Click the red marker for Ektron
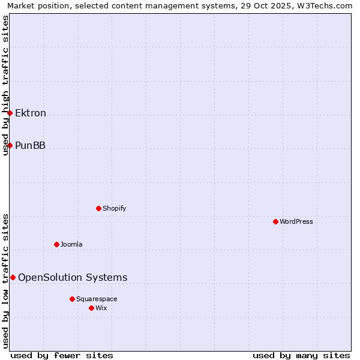(x=10, y=113)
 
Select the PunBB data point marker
(x=10, y=145)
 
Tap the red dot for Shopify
(x=98, y=208)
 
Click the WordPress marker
(x=275, y=221)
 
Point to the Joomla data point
(x=56, y=244)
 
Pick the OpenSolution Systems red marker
(x=13, y=277)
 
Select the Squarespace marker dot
(x=72, y=299)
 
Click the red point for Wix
(x=91, y=308)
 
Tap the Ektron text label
(x=31, y=113)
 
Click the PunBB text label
(x=30, y=145)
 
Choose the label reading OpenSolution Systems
(x=73, y=277)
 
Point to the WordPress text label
(x=296, y=221)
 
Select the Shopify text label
(x=114, y=208)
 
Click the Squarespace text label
(x=97, y=299)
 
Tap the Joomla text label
(x=71, y=244)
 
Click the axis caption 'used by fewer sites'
(x=62, y=355)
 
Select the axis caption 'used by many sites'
(x=301, y=355)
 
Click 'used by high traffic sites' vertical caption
(x=5, y=85)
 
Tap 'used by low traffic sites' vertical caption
(x=5, y=281)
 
